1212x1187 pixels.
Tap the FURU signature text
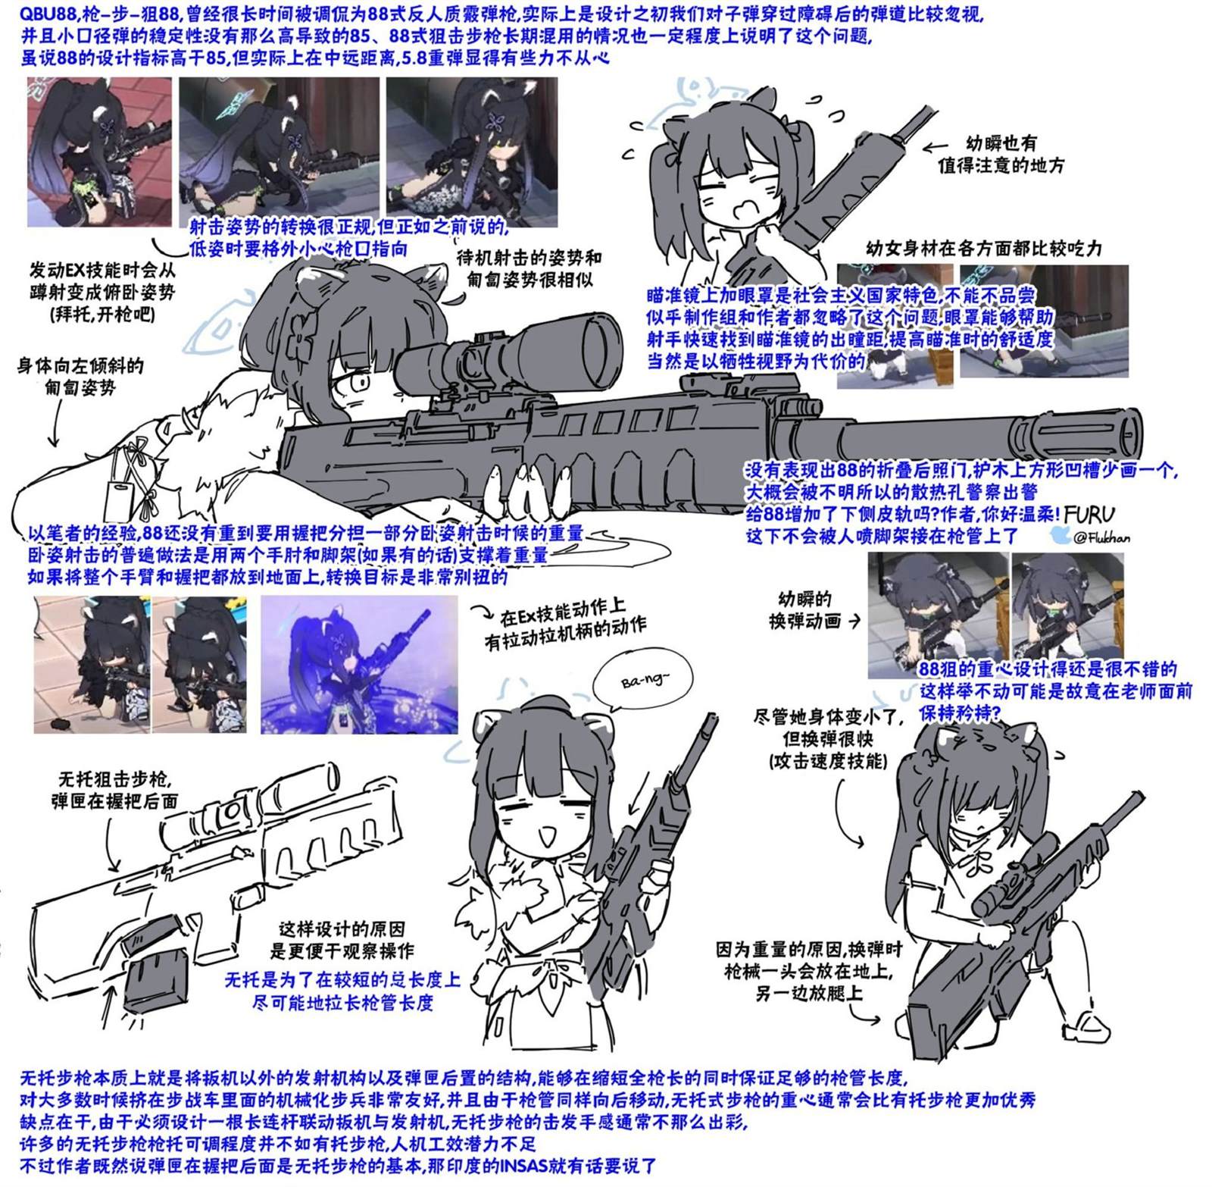1089,515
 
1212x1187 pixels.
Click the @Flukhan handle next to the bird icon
1101,537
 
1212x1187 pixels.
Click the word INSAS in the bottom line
529,1166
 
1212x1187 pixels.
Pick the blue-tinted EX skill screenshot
359,665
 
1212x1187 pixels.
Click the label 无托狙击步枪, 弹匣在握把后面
114,790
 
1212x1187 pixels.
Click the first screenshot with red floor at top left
99,152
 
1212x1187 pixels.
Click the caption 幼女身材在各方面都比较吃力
983,249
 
